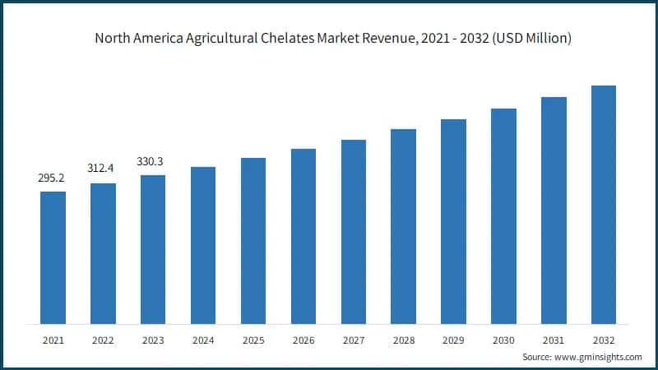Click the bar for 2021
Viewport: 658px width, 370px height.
point(53,257)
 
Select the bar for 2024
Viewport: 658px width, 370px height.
point(203,245)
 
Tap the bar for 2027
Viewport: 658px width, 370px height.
point(354,231)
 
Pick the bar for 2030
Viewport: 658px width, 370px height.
point(503,215)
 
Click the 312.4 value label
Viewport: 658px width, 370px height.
point(103,169)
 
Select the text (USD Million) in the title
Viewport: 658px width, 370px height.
point(531,38)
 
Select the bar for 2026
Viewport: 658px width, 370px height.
point(304,236)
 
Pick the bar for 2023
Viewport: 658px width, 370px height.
point(153,249)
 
